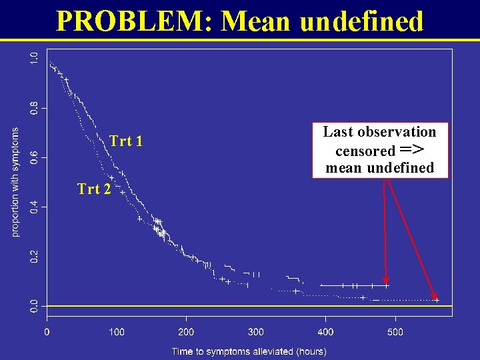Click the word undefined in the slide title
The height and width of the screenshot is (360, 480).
(x=361, y=21)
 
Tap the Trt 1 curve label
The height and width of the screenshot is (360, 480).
(x=126, y=141)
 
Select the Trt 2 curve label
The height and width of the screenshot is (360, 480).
(x=94, y=189)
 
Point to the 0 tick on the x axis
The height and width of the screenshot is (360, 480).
(x=47, y=331)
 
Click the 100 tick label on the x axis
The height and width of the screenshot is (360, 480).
(x=117, y=331)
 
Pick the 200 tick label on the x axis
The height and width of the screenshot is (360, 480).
(x=186, y=331)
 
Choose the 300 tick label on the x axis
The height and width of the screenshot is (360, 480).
(x=256, y=331)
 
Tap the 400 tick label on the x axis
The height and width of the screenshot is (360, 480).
(x=325, y=331)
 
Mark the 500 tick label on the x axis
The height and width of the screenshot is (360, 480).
(x=395, y=331)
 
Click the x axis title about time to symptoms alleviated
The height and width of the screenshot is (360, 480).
(x=249, y=351)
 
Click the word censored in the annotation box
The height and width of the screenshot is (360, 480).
(x=365, y=151)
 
